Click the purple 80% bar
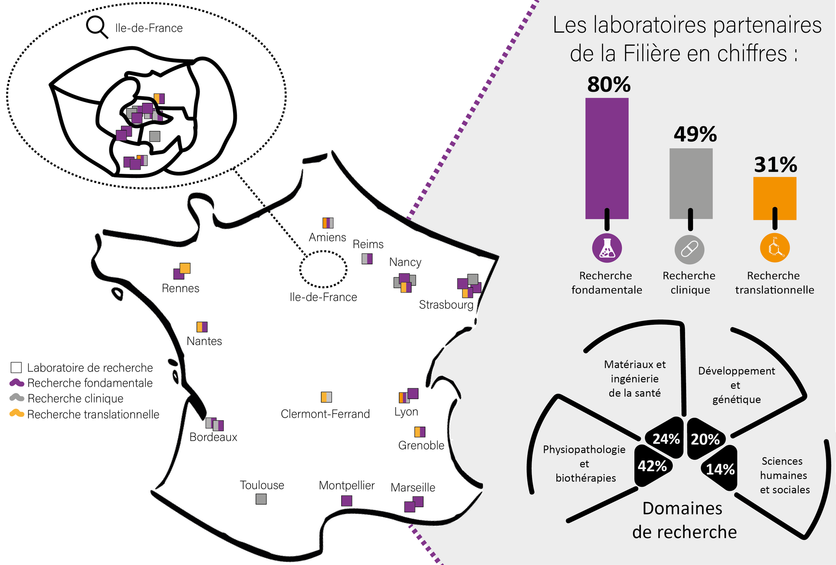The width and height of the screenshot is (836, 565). (x=607, y=158)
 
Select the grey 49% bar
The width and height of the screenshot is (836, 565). (x=691, y=184)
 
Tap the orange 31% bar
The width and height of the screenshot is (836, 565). (x=774, y=198)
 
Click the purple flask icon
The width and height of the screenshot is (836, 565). (x=607, y=248)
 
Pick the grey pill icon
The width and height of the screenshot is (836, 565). (x=689, y=249)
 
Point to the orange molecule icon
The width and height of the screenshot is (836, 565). (x=775, y=248)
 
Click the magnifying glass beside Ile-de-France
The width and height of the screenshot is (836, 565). (x=97, y=27)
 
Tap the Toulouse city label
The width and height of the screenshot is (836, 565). (x=262, y=485)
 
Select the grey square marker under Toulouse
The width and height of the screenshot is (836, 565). (x=261, y=499)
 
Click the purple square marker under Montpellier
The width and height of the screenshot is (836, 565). (x=347, y=501)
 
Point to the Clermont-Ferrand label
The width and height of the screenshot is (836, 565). (x=325, y=414)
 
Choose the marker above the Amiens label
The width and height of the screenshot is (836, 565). (x=328, y=223)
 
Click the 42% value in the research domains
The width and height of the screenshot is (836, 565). (x=652, y=466)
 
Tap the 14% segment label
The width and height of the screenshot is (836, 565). (x=720, y=470)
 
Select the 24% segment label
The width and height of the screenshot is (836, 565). (x=666, y=439)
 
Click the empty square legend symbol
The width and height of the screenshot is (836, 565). (x=16, y=368)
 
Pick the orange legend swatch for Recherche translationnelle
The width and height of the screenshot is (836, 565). (x=17, y=413)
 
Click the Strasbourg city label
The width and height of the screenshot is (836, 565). (x=446, y=305)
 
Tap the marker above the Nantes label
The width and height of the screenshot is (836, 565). (x=202, y=327)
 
